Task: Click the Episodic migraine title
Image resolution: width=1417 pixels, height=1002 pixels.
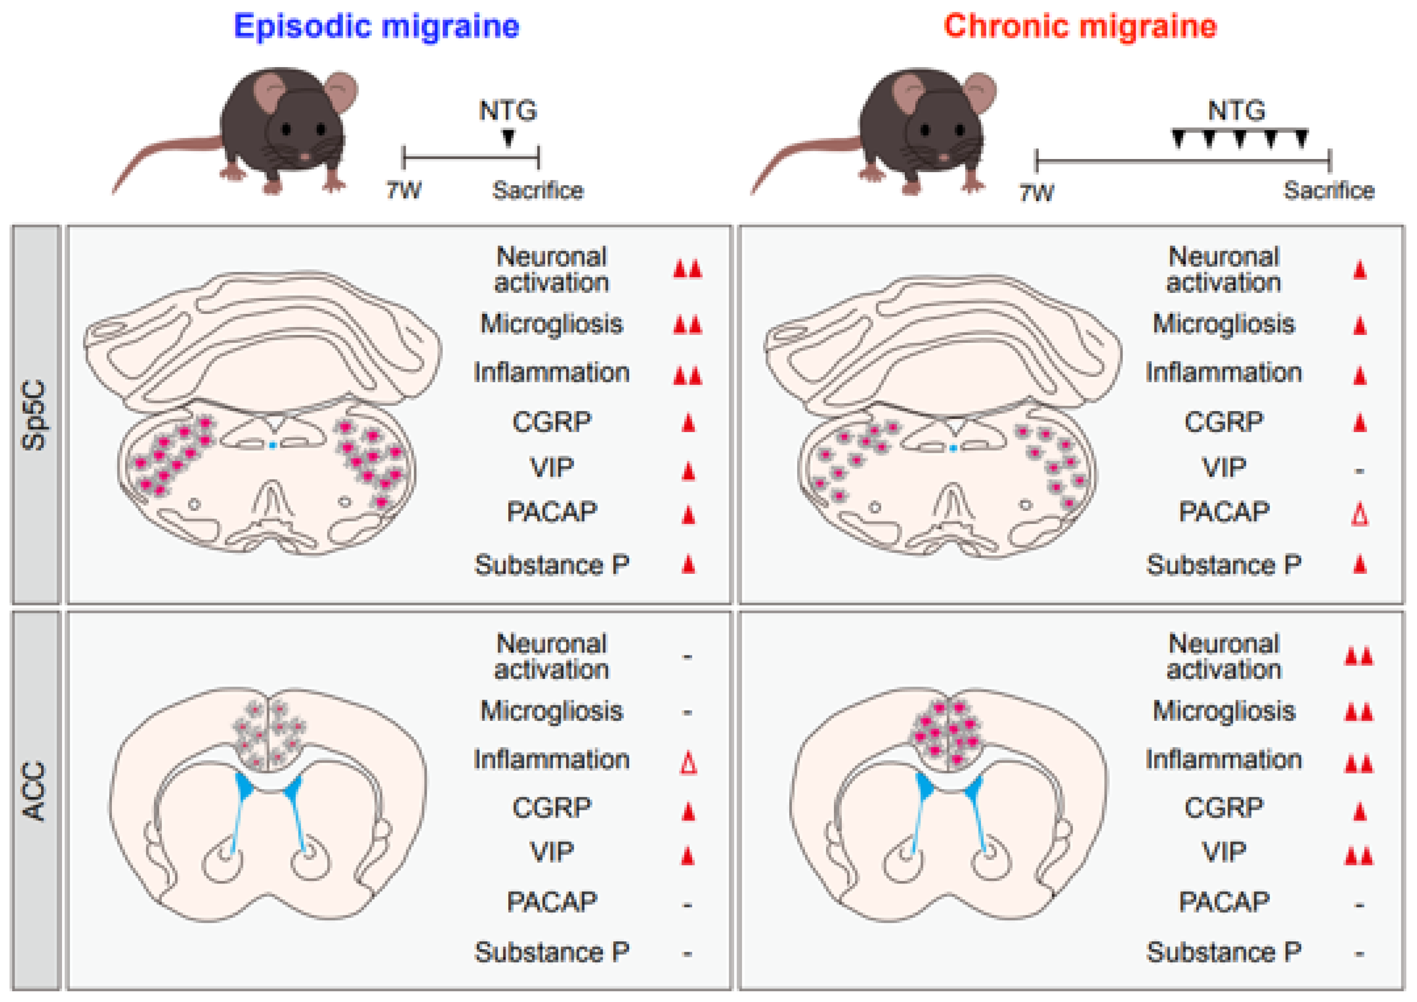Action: coord(376,27)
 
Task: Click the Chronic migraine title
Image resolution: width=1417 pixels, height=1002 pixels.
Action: coord(1080,27)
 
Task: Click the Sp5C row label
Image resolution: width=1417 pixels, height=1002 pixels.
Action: coord(35,415)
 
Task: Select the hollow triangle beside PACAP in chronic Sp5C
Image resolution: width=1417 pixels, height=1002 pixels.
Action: coord(1360,514)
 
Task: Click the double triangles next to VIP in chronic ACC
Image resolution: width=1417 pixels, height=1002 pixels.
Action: coord(1358,856)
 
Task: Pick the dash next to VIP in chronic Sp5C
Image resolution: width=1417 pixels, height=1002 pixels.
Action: coord(1359,471)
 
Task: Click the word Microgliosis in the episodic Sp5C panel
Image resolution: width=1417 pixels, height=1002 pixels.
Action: coord(551,324)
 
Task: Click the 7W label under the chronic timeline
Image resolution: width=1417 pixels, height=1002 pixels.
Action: coord(1036,193)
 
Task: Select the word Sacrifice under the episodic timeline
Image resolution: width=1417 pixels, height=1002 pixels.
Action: coord(537,191)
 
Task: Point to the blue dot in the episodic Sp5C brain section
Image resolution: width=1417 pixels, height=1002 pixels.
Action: coord(272,445)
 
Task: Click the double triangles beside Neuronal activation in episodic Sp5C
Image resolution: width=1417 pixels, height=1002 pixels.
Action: coord(688,270)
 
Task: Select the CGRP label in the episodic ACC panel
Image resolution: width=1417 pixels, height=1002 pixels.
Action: coord(551,807)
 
